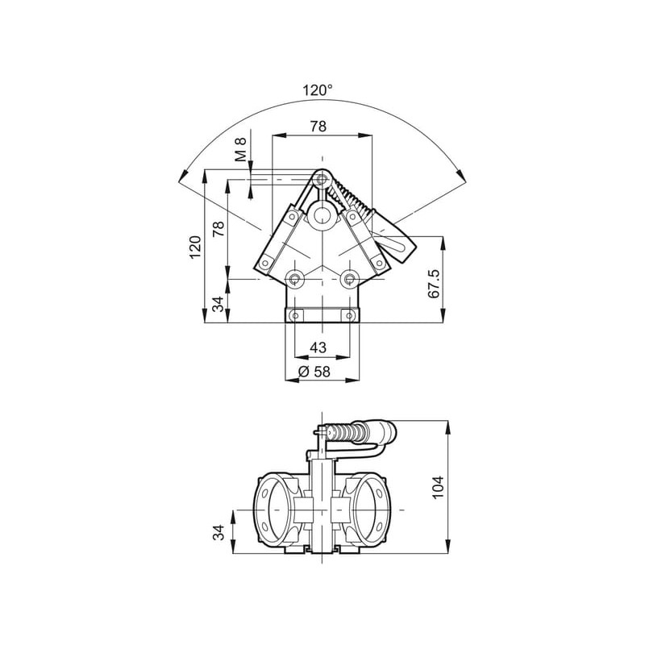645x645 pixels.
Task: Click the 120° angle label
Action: pos(317,90)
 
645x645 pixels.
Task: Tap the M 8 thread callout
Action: pos(240,149)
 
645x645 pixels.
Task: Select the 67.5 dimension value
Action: pos(434,284)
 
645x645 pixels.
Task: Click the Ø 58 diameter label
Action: pos(314,372)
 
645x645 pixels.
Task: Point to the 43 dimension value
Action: pos(318,347)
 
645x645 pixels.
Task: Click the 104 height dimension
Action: pos(438,487)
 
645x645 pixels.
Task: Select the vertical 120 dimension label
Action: pos(195,247)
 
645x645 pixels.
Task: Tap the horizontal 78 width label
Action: pos(318,126)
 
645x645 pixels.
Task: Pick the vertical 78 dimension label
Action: pos(218,229)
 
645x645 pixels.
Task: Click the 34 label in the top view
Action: pos(218,304)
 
